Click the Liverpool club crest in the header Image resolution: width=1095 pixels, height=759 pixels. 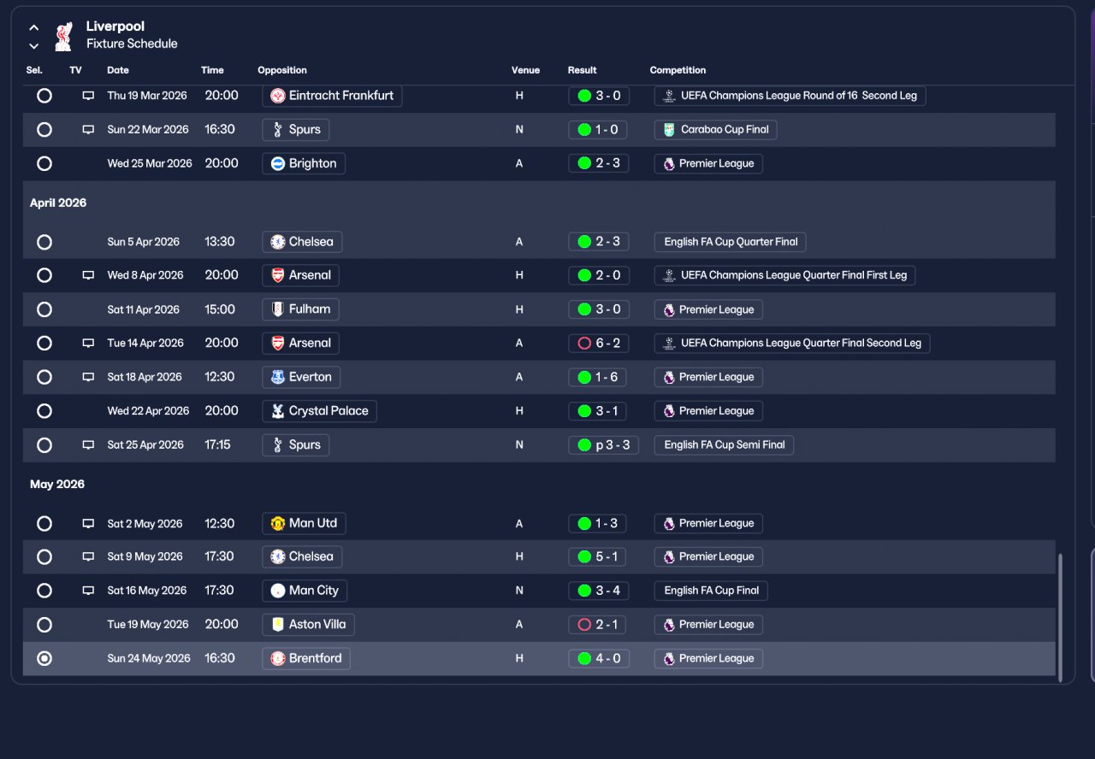pos(63,36)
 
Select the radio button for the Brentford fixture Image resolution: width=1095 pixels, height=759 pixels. pos(44,658)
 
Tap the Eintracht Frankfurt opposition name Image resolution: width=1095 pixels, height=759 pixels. pos(340,95)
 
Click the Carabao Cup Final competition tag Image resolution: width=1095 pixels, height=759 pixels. pos(716,129)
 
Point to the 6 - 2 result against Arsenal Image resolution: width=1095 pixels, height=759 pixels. pos(598,343)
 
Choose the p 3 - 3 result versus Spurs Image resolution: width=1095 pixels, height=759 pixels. pos(603,445)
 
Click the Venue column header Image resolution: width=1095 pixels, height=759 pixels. pos(525,70)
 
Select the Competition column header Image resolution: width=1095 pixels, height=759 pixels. pos(678,70)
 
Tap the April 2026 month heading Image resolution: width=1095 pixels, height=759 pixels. pos(58,203)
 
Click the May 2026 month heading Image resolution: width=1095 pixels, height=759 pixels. pos(57,484)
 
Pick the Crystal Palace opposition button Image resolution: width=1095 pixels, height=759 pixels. pos(319,411)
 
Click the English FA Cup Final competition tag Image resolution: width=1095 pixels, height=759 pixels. pos(711,591)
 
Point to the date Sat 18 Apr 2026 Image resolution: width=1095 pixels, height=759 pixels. pos(145,377)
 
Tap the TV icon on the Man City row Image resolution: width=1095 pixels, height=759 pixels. pos(88,591)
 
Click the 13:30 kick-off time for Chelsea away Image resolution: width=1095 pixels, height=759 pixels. pos(220,241)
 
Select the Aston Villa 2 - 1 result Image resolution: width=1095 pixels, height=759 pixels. pos(597,624)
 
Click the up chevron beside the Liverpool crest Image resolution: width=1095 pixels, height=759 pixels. pos(33,28)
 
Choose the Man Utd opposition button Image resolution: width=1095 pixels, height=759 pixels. pos(304,523)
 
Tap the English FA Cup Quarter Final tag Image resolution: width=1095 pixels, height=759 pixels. pos(730,242)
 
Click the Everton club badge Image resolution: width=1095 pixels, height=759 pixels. pos(278,377)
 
